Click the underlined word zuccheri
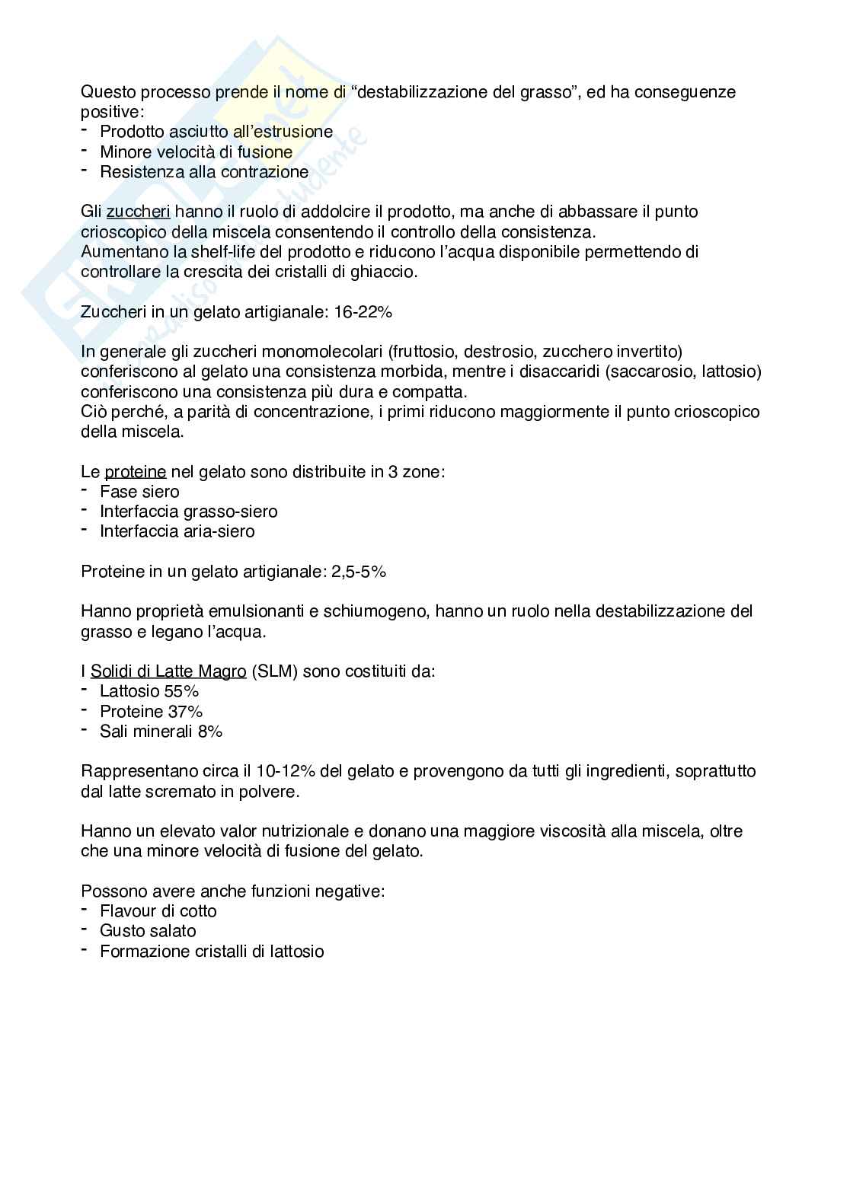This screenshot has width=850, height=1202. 138,212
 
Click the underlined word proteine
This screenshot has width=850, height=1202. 135,472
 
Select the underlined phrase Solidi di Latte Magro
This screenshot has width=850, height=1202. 168,671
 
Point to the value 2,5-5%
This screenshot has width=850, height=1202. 359,572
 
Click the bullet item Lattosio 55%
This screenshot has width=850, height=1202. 149,691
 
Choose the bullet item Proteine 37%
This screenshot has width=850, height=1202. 151,712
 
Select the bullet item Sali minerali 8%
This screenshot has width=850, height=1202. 161,732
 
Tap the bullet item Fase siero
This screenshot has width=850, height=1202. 139,492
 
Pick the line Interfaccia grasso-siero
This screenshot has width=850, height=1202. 188,512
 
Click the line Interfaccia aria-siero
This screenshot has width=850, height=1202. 177,531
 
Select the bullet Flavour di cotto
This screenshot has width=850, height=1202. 158,911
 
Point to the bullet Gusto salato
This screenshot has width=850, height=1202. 148,931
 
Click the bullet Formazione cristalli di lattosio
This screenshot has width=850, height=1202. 212,952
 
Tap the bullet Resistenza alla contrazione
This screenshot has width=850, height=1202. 204,172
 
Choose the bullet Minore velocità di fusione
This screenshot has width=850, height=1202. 196,152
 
